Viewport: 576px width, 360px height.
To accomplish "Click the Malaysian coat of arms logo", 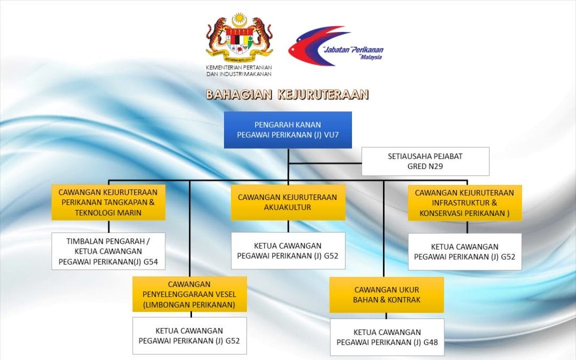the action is pos(239,38).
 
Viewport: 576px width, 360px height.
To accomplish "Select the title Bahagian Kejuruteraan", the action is pos(287,94).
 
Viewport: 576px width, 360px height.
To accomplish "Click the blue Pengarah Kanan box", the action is pos(288,130).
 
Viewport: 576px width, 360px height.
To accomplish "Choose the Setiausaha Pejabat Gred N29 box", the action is pos(426,161).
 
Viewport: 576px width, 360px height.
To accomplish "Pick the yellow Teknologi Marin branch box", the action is pos(108,203).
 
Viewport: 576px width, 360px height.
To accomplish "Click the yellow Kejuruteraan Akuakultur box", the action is pos(288,203).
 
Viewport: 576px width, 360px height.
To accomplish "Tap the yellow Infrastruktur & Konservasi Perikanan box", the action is pos(465,203).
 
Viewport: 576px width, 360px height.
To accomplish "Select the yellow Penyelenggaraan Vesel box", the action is pos(189,294).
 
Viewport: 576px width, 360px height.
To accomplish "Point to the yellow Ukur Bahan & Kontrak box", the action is pos(387,294).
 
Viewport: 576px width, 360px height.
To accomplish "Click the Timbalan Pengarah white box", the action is pos(108,251).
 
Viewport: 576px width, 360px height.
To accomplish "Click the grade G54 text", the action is pos(150,262).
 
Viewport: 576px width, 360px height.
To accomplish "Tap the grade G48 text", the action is pos(430,342).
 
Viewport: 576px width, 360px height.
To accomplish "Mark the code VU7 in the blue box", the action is pos(331,135).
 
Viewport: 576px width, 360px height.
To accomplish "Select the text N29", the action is pos(435,166).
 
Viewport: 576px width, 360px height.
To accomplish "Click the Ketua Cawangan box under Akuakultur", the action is pos(288,251).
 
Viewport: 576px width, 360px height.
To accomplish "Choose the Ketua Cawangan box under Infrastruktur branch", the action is pos(465,252).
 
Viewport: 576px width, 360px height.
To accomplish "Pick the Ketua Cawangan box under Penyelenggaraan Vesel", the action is pos(189,336).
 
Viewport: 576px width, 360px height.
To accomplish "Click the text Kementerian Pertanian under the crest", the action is pos(239,68).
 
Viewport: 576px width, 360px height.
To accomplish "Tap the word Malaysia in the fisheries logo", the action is pos(371,57).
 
